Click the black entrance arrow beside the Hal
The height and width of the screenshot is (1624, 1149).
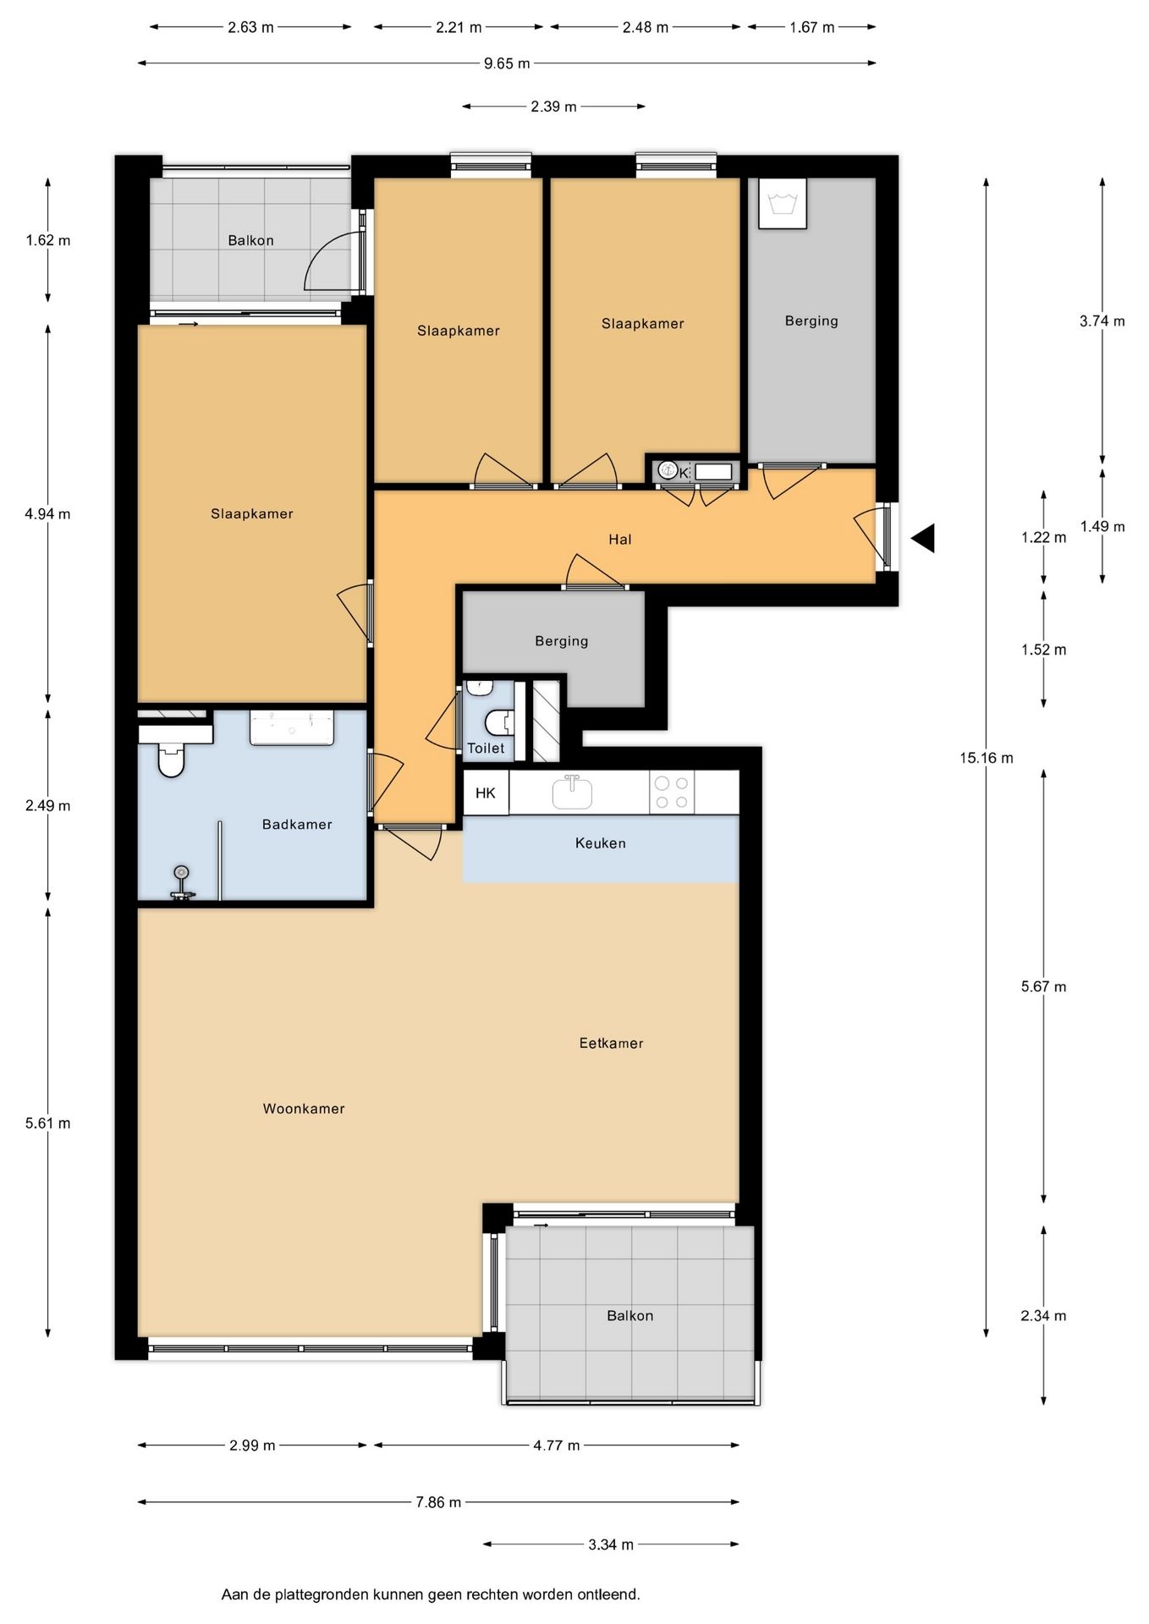(x=923, y=538)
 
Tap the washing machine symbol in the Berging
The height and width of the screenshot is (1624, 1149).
(x=783, y=203)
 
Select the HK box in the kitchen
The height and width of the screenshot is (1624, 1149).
(x=486, y=793)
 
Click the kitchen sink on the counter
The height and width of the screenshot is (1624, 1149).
(x=572, y=792)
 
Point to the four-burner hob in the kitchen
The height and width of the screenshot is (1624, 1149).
(x=672, y=793)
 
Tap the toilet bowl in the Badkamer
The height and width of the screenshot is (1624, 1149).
(x=171, y=760)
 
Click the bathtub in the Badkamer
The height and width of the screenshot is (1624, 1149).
(x=292, y=728)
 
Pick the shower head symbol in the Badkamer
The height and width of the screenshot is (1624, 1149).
(x=181, y=882)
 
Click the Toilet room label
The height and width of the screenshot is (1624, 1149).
(x=486, y=749)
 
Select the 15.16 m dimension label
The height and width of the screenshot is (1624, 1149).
(x=986, y=758)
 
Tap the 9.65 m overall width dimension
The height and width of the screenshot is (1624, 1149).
(x=507, y=63)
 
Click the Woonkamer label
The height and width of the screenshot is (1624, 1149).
(x=304, y=1109)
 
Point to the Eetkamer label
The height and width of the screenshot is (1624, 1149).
(x=611, y=1044)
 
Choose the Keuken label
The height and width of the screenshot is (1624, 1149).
(x=601, y=843)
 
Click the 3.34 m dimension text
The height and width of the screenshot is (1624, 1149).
(x=611, y=1544)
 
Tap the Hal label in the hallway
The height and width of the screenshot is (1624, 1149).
(x=620, y=540)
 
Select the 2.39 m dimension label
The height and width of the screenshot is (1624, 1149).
(x=553, y=107)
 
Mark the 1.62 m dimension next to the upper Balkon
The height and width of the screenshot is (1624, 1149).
(x=48, y=240)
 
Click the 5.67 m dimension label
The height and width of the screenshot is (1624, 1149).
(x=1043, y=986)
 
